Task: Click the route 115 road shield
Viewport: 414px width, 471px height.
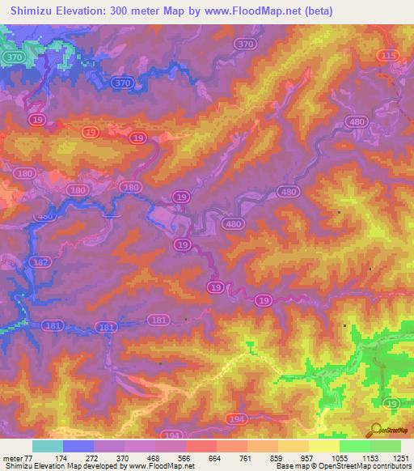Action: point(388,54)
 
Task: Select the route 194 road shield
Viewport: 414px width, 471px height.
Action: point(237,417)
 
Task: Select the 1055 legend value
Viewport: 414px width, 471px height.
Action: point(340,458)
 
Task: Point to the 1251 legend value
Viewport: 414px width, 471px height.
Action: point(400,458)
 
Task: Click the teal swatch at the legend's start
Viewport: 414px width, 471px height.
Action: point(48,446)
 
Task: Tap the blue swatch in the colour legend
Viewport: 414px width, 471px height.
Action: point(78,446)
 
